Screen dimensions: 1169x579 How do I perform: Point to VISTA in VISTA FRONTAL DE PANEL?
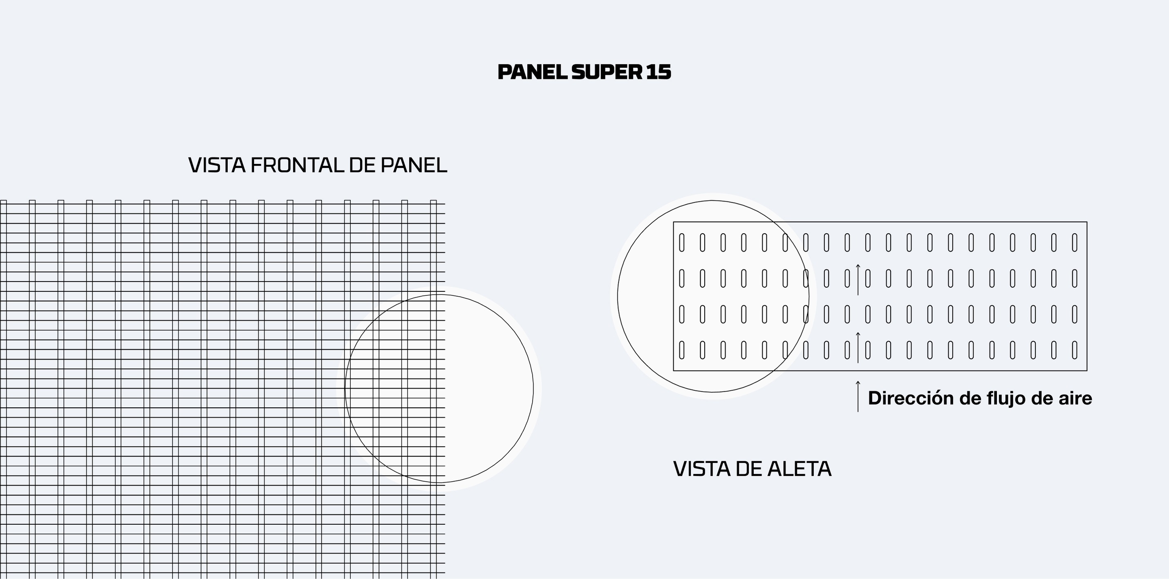pos(217,165)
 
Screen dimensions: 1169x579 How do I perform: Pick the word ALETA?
pos(799,469)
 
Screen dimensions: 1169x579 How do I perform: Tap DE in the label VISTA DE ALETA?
pos(749,469)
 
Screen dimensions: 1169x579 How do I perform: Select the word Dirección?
pos(911,398)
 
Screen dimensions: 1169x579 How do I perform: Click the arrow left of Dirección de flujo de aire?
pos(858,396)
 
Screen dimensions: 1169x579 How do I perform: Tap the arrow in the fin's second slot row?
pos(858,279)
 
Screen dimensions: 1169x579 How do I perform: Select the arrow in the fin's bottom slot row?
pos(858,348)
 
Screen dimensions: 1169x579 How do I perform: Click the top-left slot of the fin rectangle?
pos(682,242)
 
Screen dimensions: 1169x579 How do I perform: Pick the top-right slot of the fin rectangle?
pos(1075,242)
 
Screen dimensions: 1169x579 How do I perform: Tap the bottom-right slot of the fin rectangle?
pos(1075,350)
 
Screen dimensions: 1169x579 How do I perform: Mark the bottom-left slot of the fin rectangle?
pos(682,350)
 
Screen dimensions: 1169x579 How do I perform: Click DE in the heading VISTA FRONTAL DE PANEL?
pos(362,165)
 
